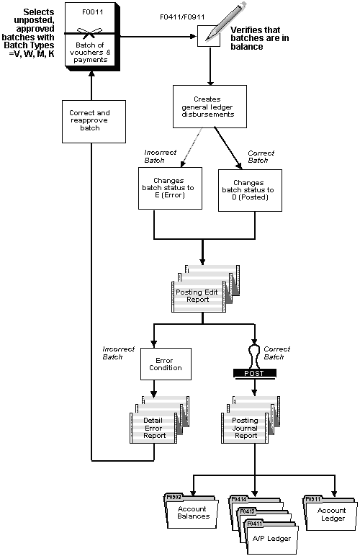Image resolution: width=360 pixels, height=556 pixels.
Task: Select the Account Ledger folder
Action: click(328, 513)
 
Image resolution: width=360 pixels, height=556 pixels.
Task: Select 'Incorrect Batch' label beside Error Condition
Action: click(119, 352)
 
